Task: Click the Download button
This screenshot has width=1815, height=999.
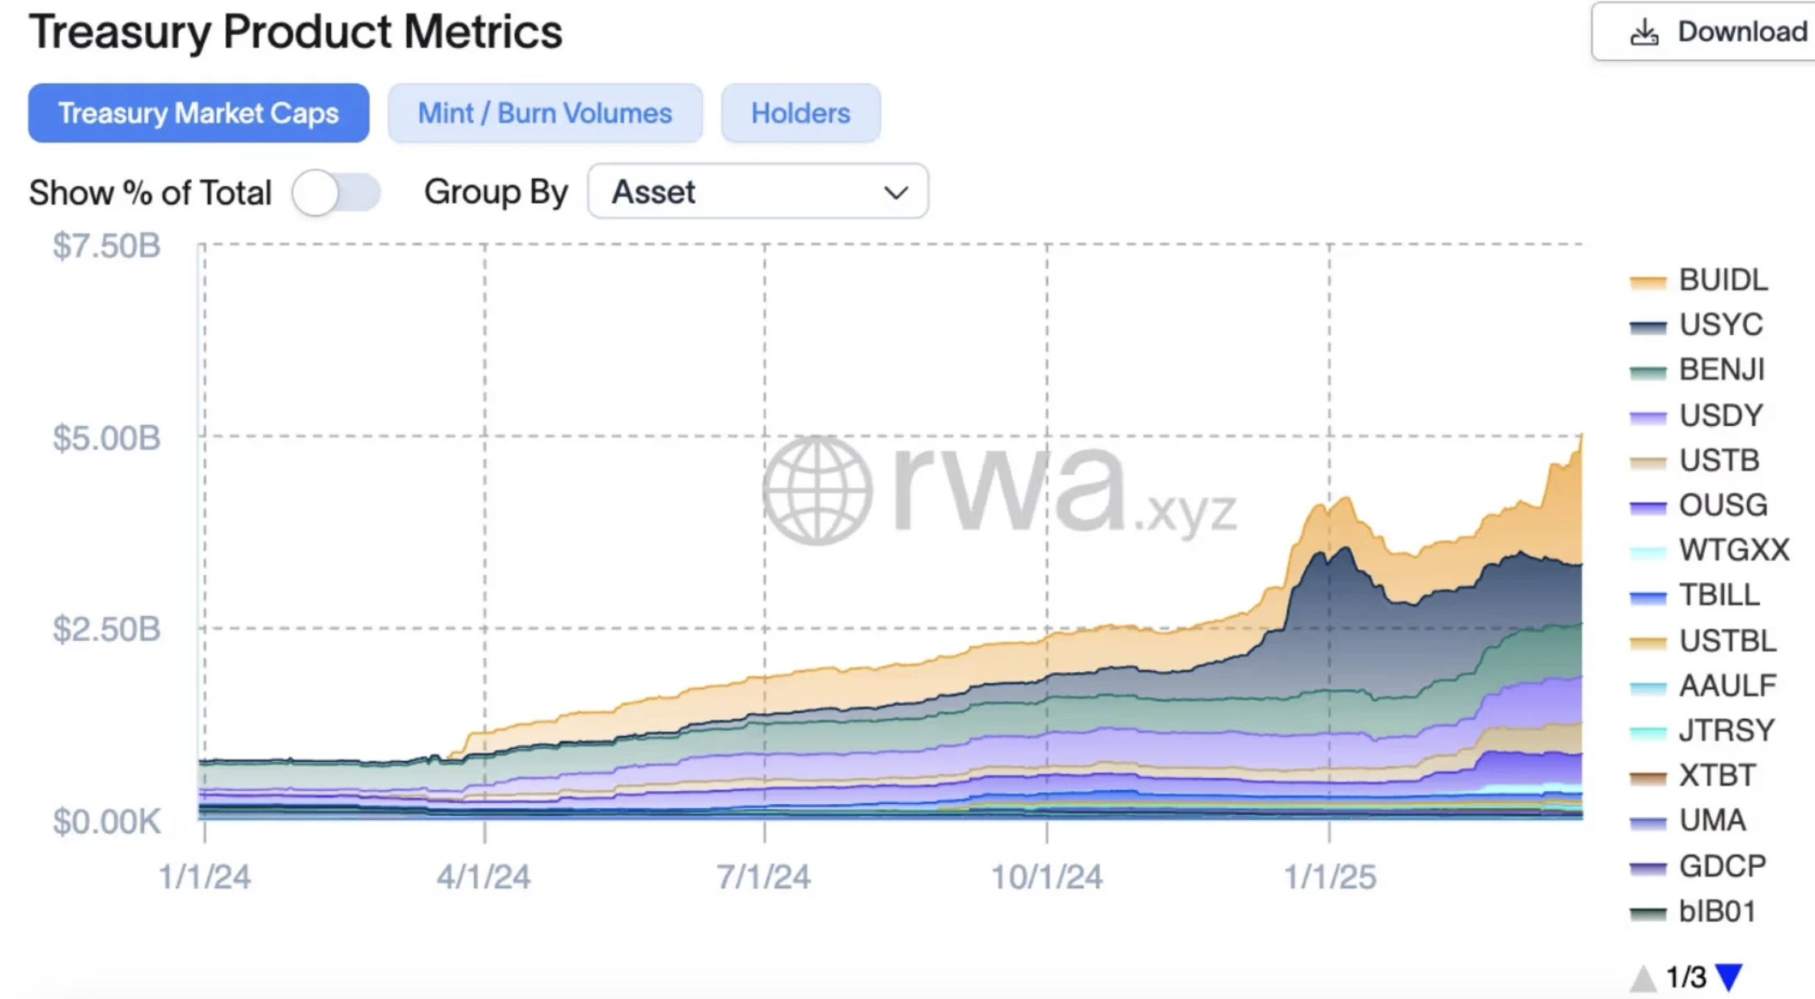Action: [1716, 32]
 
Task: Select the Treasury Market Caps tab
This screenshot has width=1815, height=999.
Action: [198, 113]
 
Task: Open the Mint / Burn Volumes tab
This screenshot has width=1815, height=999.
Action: [545, 113]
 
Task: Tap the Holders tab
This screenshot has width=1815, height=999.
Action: [801, 113]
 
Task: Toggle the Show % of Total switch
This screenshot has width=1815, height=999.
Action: [336, 193]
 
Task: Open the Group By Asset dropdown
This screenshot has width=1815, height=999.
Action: [758, 192]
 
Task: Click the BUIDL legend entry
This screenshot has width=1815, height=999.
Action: [1722, 280]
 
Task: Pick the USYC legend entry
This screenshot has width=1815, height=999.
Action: [1719, 325]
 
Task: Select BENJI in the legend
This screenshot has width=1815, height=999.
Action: [1720, 370]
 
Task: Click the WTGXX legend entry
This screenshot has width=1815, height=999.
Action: [1732, 551]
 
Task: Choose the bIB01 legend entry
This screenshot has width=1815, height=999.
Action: [1716, 912]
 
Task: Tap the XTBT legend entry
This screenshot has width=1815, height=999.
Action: [1716, 776]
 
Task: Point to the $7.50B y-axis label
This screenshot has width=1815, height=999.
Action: [107, 246]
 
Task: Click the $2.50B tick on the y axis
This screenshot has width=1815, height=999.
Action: [107, 630]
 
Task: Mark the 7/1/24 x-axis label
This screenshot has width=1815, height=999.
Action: [763, 877]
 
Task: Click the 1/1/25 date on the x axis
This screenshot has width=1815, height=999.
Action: [1330, 877]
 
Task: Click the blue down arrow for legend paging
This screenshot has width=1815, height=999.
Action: [1729, 977]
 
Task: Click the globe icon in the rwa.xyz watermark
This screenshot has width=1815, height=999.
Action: [818, 491]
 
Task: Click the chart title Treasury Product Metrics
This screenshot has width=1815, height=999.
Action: [295, 32]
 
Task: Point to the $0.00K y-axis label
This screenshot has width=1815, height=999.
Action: [107, 823]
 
